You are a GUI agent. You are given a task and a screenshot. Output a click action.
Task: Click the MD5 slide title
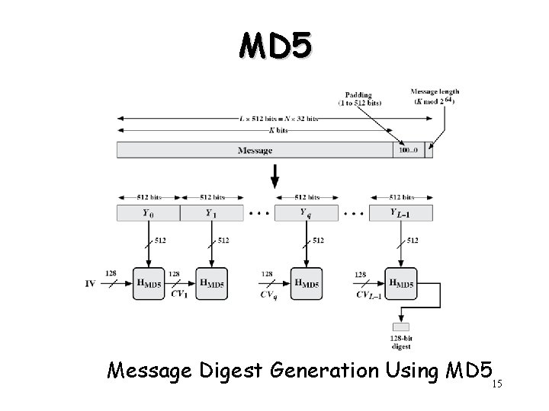point(274,46)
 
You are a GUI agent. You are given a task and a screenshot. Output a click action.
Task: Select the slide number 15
point(498,384)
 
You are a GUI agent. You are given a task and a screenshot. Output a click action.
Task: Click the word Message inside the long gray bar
point(255,151)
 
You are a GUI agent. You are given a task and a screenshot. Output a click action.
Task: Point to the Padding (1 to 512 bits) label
point(361,98)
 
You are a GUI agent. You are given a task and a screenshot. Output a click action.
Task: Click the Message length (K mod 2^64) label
point(435,97)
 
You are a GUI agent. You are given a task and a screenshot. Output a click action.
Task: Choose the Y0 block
point(148,213)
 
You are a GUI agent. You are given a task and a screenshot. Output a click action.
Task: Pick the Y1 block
point(211,213)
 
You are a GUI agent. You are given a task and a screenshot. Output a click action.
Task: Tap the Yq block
point(305,213)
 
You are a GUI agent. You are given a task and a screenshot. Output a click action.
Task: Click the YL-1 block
point(401,213)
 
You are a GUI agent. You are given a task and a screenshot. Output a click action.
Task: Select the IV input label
point(91,284)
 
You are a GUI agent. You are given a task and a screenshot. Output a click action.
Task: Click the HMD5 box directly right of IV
point(149,283)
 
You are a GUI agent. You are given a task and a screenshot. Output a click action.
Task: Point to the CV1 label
point(181,292)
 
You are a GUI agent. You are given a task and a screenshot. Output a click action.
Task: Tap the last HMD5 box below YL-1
point(402,283)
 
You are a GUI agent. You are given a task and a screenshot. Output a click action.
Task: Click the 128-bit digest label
point(402,342)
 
